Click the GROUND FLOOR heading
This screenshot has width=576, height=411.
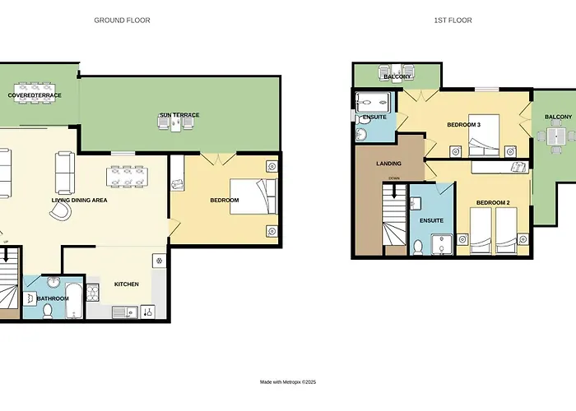pos(122,21)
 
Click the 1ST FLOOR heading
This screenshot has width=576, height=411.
pos(453,21)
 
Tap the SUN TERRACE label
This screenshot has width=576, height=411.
pos(179,115)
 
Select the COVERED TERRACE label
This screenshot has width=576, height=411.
pos(35,95)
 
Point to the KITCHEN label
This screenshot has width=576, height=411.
pos(127,284)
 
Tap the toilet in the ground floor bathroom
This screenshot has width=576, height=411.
pos(48,312)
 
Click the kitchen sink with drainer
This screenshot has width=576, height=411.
pos(125,312)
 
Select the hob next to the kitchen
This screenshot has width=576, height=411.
pos(93,293)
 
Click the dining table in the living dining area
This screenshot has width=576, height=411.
pos(127,177)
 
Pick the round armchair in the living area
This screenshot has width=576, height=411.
pos(60,211)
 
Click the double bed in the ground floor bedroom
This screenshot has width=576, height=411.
pos(253,196)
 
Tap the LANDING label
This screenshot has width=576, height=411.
pos(388,164)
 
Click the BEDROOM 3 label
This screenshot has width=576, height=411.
pos(463,125)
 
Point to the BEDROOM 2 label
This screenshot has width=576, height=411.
pos(493,202)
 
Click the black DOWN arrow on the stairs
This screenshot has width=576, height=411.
pos(394,191)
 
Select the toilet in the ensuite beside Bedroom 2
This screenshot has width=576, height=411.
pos(418,247)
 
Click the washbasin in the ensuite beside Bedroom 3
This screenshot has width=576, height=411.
pos(361,134)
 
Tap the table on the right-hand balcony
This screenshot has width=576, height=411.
pos(556,136)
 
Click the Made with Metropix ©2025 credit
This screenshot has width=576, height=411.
pos(288,382)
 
